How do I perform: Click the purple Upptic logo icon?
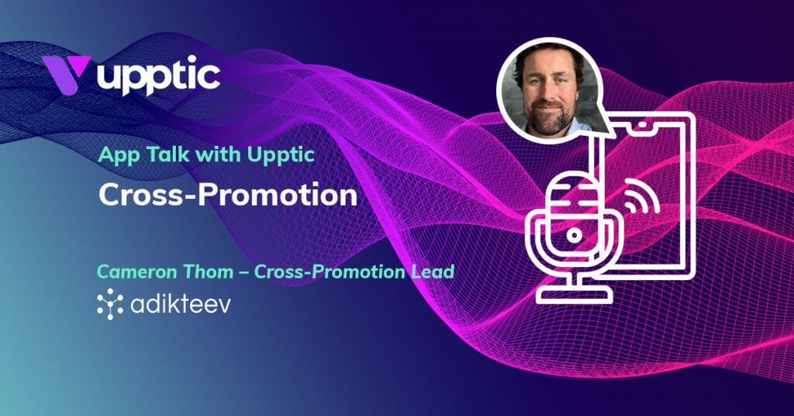(65, 75)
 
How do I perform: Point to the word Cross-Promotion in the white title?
(227, 195)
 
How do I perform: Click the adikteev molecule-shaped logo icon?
(110, 303)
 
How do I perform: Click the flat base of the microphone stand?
(574, 295)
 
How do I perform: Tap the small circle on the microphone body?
(574, 234)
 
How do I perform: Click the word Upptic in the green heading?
(283, 155)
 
